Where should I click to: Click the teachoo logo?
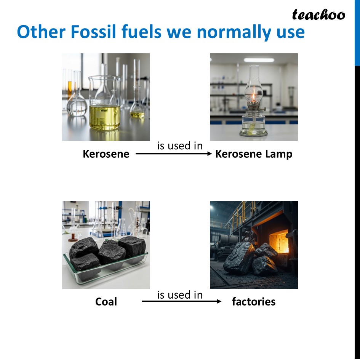pyautogui.click(x=318, y=15)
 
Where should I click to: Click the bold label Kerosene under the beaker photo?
pyautogui.click(x=106, y=154)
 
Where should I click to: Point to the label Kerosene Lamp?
pyautogui.click(x=254, y=154)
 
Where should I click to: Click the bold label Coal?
pyautogui.click(x=106, y=302)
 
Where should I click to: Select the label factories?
pyautogui.click(x=254, y=302)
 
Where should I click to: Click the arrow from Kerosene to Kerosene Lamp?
pyautogui.click(x=173, y=154)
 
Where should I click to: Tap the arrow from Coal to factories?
pyautogui.click(x=181, y=302)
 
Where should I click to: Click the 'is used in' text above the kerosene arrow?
pyautogui.click(x=180, y=146)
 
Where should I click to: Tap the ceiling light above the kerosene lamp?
pyautogui.click(x=259, y=60)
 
